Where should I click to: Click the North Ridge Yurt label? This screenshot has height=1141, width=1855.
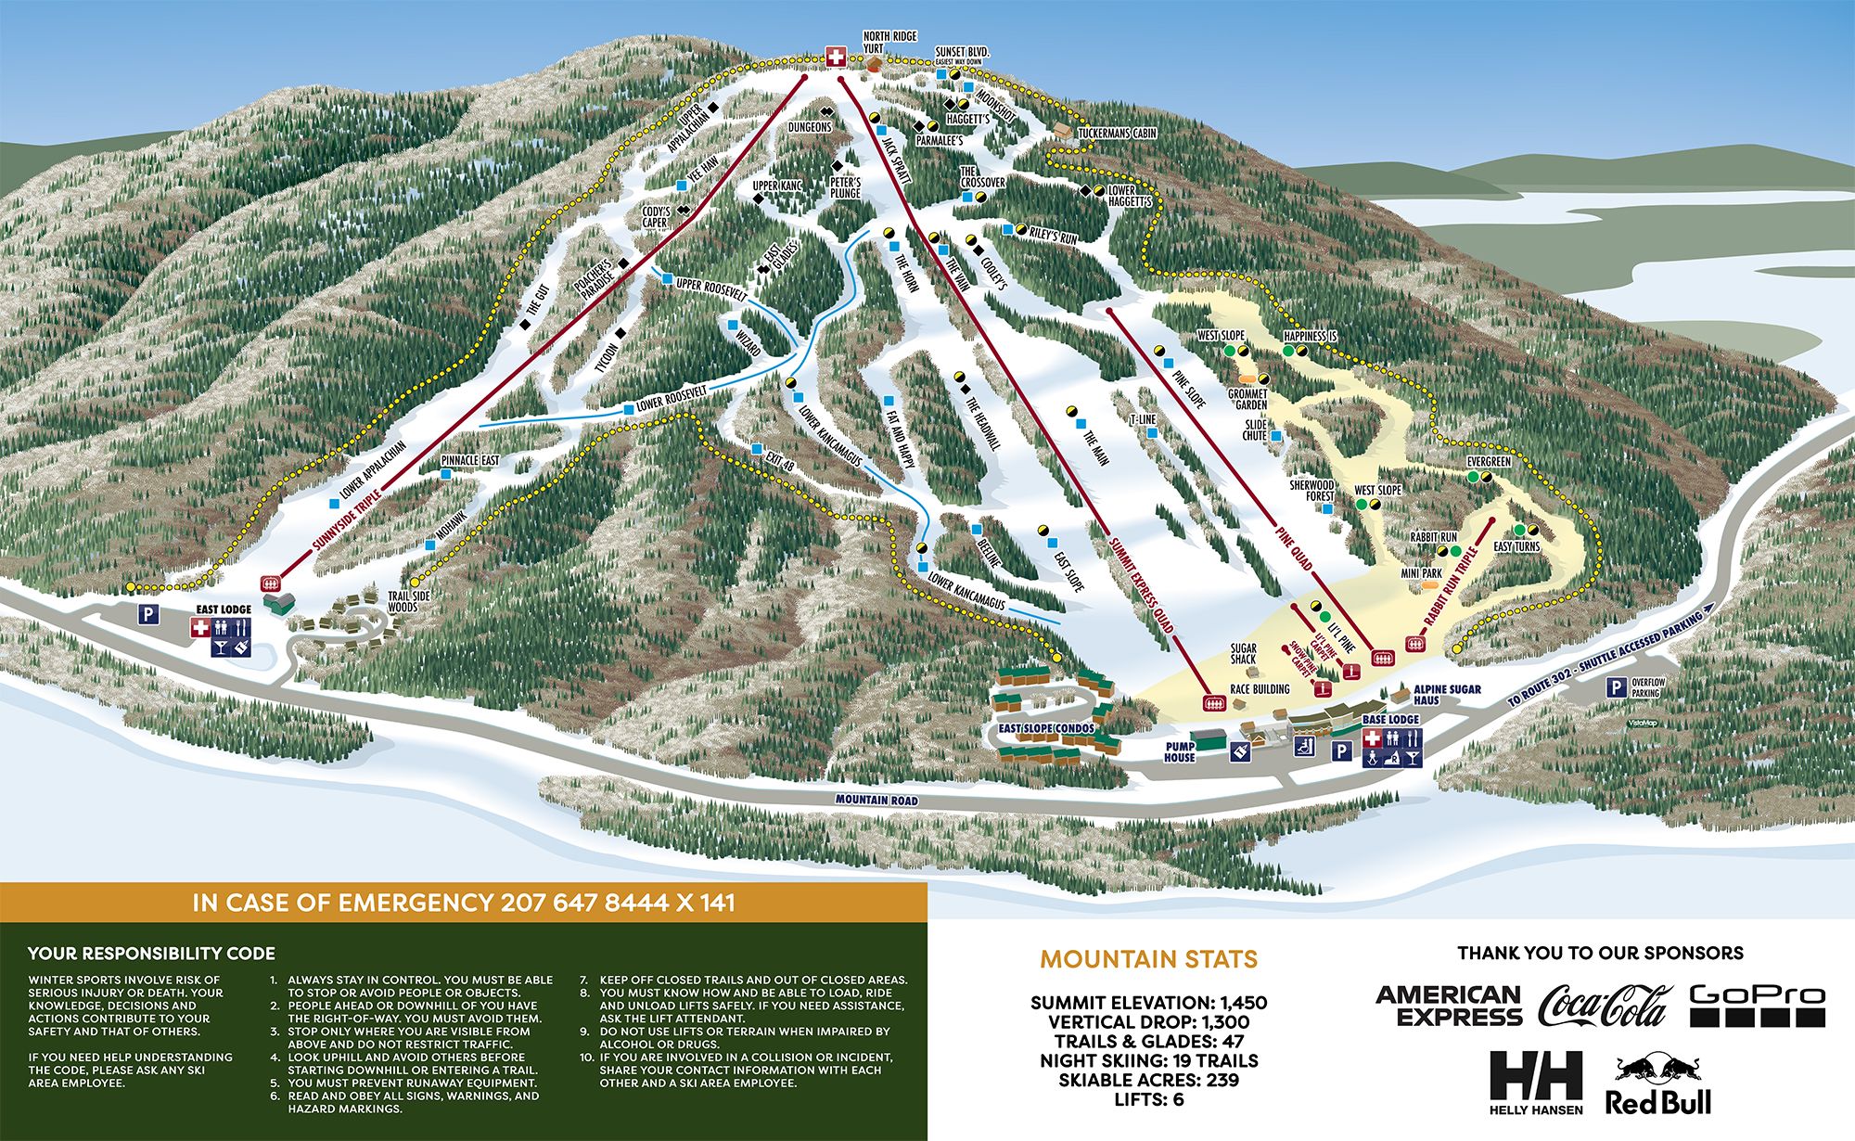(x=889, y=42)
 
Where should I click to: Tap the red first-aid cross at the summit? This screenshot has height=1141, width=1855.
(x=836, y=58)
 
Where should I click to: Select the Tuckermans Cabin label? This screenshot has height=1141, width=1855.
(x=1117, y=134)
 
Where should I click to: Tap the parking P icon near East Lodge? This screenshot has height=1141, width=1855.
(x=147, y=614)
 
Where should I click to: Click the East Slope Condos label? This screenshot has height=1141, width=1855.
(x=1045, y=728)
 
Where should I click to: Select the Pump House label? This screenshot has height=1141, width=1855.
(x=1179, y=751)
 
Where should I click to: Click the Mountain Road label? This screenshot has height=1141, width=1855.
(x=876, y=800)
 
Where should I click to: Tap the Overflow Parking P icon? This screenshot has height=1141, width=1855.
(x=1616, y=687)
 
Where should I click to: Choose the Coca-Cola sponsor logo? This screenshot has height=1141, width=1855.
(x=1604, y=1006)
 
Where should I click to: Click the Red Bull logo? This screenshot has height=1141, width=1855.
(x=1659, y=1084)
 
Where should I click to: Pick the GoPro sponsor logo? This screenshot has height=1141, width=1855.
(x=1757, y=1006)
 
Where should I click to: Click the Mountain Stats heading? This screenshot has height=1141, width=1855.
(x=1148, y=959)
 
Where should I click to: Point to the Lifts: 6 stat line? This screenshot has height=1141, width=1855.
(x=1148, y=1099)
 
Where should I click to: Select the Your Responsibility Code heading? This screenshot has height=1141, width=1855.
(x=151, y=953)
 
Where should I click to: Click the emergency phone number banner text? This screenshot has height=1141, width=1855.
(x=464, y=903)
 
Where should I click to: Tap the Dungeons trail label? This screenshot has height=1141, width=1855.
(x=810, y=126)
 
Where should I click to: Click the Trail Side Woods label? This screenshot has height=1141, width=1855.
(x=403, y=602)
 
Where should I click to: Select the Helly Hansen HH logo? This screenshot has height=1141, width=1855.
(x=1536, y=1082)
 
